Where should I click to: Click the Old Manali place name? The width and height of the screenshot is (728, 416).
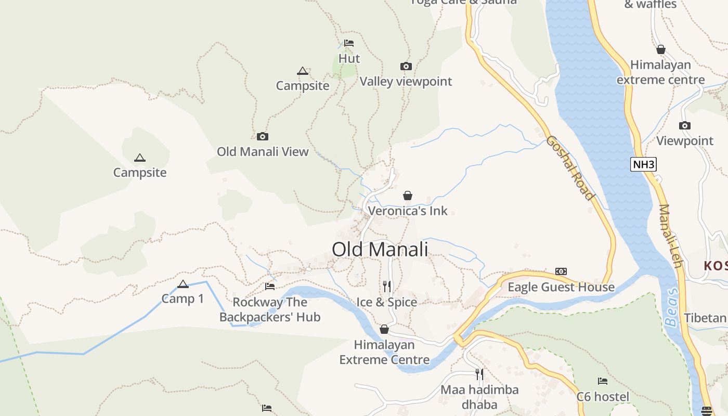pos(380,250)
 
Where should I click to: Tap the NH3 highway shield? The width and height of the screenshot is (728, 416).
pos(644,165)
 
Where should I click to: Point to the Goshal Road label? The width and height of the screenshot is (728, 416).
pos(569,167)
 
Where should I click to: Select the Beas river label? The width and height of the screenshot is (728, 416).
pos(672,307)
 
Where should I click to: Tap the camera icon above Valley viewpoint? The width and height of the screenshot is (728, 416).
pos(406,66)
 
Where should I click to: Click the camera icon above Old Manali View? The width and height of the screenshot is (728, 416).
pos(263,136)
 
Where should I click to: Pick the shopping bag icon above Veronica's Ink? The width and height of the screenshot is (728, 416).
pos(408,196)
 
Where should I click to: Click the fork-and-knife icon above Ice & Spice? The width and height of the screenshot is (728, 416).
pos(387,286)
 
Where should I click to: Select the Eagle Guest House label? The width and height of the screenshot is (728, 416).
pos(561,287)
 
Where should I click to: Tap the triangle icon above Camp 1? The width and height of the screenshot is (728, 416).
pos(183,284)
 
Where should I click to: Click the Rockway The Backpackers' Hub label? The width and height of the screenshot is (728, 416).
pos(269,309)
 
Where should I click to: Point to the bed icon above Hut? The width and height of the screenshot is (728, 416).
pos(349,43)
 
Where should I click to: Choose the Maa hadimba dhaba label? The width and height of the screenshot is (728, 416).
pos(479,397)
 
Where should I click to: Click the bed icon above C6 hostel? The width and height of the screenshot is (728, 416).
pos(603,381)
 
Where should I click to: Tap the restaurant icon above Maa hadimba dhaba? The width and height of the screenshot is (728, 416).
pos(479,374)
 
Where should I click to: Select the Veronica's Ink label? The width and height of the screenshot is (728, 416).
pos(408,211)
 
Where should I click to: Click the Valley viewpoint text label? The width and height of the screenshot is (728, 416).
pos(406,82)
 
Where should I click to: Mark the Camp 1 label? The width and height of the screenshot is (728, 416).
pos(183,299)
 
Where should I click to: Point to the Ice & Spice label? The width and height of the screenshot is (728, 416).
pos(387,302)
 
